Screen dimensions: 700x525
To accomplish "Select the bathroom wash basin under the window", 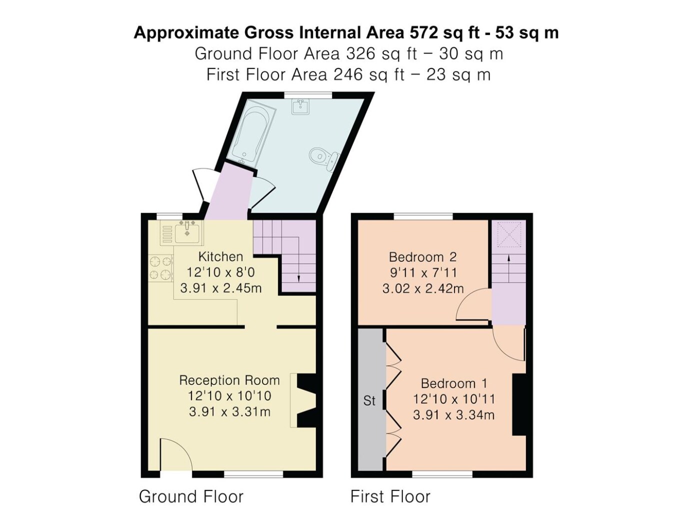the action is [x=300, y=106].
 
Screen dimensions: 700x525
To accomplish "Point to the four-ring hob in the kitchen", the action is [x=160, y=268].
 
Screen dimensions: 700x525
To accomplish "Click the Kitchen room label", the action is [x=220, y=256].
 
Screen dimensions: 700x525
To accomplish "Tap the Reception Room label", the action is [x=229, y=380].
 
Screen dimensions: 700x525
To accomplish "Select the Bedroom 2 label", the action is [x=423, y=257].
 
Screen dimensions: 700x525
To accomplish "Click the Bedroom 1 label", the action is [x=454, y=383].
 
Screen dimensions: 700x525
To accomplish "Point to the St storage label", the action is [x=369, y=400].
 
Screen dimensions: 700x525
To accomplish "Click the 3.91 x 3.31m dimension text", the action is [x=229, y=412].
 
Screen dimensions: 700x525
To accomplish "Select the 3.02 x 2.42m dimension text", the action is [x=423, y=289].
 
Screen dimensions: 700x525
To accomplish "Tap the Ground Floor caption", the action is [x=191, y=496].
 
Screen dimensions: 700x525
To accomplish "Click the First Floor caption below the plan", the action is [x=390, y=496].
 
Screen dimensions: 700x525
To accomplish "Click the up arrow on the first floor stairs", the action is [x=508, y=268].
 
